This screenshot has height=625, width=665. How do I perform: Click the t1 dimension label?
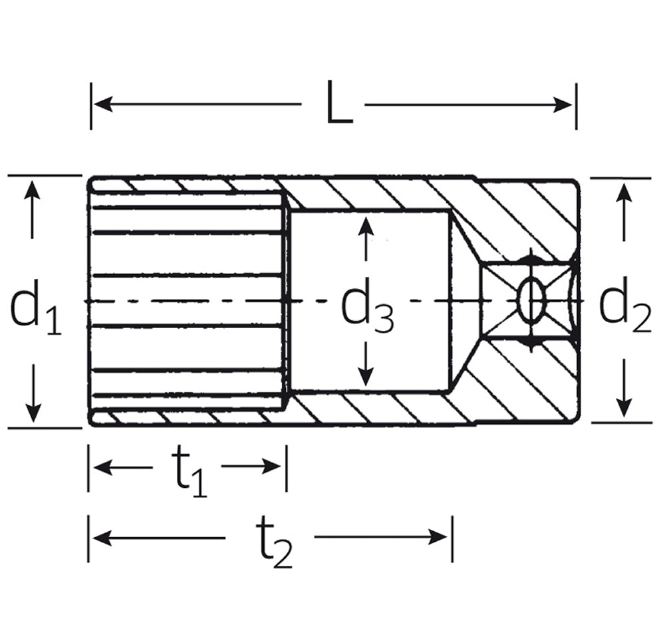188,471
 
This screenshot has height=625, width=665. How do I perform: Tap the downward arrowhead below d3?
364,377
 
